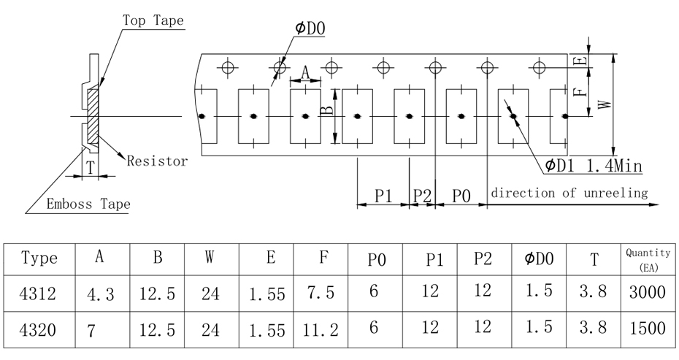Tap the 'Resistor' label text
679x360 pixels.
157,161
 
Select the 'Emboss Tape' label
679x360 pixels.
88,204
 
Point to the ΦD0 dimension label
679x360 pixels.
310,28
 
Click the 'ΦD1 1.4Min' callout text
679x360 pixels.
593,166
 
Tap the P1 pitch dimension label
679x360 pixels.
384,196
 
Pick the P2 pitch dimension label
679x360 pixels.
422,196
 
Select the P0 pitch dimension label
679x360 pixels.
461,196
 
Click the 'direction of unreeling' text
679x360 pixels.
569,193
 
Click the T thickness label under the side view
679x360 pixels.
90,168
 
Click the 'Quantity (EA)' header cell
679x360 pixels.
645,258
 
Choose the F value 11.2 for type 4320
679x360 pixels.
321,330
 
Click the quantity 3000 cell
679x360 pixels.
645,294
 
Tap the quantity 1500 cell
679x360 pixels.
645,330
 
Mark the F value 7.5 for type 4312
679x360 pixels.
321,294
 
